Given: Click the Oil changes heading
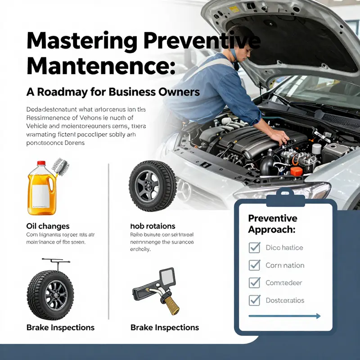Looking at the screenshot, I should (48, 226).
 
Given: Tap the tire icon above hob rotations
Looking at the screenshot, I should (153, 186).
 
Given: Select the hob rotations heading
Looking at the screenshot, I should (153, 226).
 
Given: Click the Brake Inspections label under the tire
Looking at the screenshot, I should (60, 327).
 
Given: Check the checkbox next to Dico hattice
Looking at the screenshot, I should (255, 247).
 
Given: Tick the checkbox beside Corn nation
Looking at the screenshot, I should (255, 265).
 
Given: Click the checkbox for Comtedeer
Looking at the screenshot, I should (255, 283).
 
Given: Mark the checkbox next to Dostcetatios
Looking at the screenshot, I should (255, 300).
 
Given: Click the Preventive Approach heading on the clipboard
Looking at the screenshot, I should (273, 224).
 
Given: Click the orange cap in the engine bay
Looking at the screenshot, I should (296, 171).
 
